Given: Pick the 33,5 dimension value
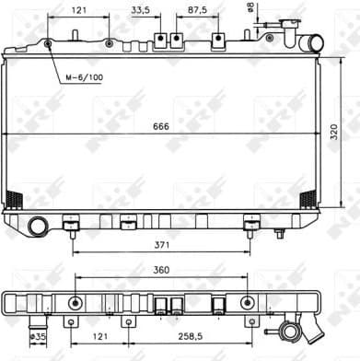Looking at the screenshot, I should tap(142, 11).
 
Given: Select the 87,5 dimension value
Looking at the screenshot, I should tap(196, 11).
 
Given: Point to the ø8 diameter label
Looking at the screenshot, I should tap(250, 8).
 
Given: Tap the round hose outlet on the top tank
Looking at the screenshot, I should tap(316, 42).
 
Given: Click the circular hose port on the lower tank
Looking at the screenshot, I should tap(38, 225).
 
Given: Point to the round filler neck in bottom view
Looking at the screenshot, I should tap(292, 329).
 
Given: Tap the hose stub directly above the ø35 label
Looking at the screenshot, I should tap(38, 322).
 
